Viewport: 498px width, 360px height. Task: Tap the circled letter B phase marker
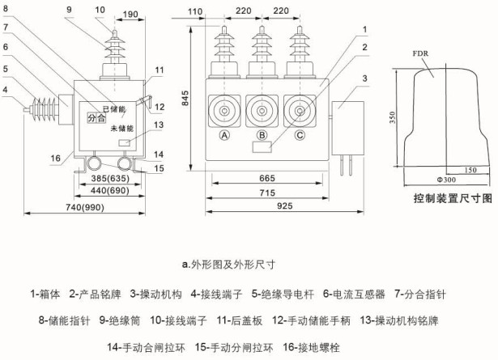[x=262, y=135]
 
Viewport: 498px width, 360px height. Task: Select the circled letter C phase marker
[x=300, y=135]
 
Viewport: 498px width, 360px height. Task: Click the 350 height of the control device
[x=392, y=117]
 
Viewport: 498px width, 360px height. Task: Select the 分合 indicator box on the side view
[x=97, y=117]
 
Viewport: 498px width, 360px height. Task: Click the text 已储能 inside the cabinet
[x=113, y=109]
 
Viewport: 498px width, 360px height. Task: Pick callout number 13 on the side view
[x=159, y=125]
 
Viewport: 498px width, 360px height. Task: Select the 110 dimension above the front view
[x=194, y=12]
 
